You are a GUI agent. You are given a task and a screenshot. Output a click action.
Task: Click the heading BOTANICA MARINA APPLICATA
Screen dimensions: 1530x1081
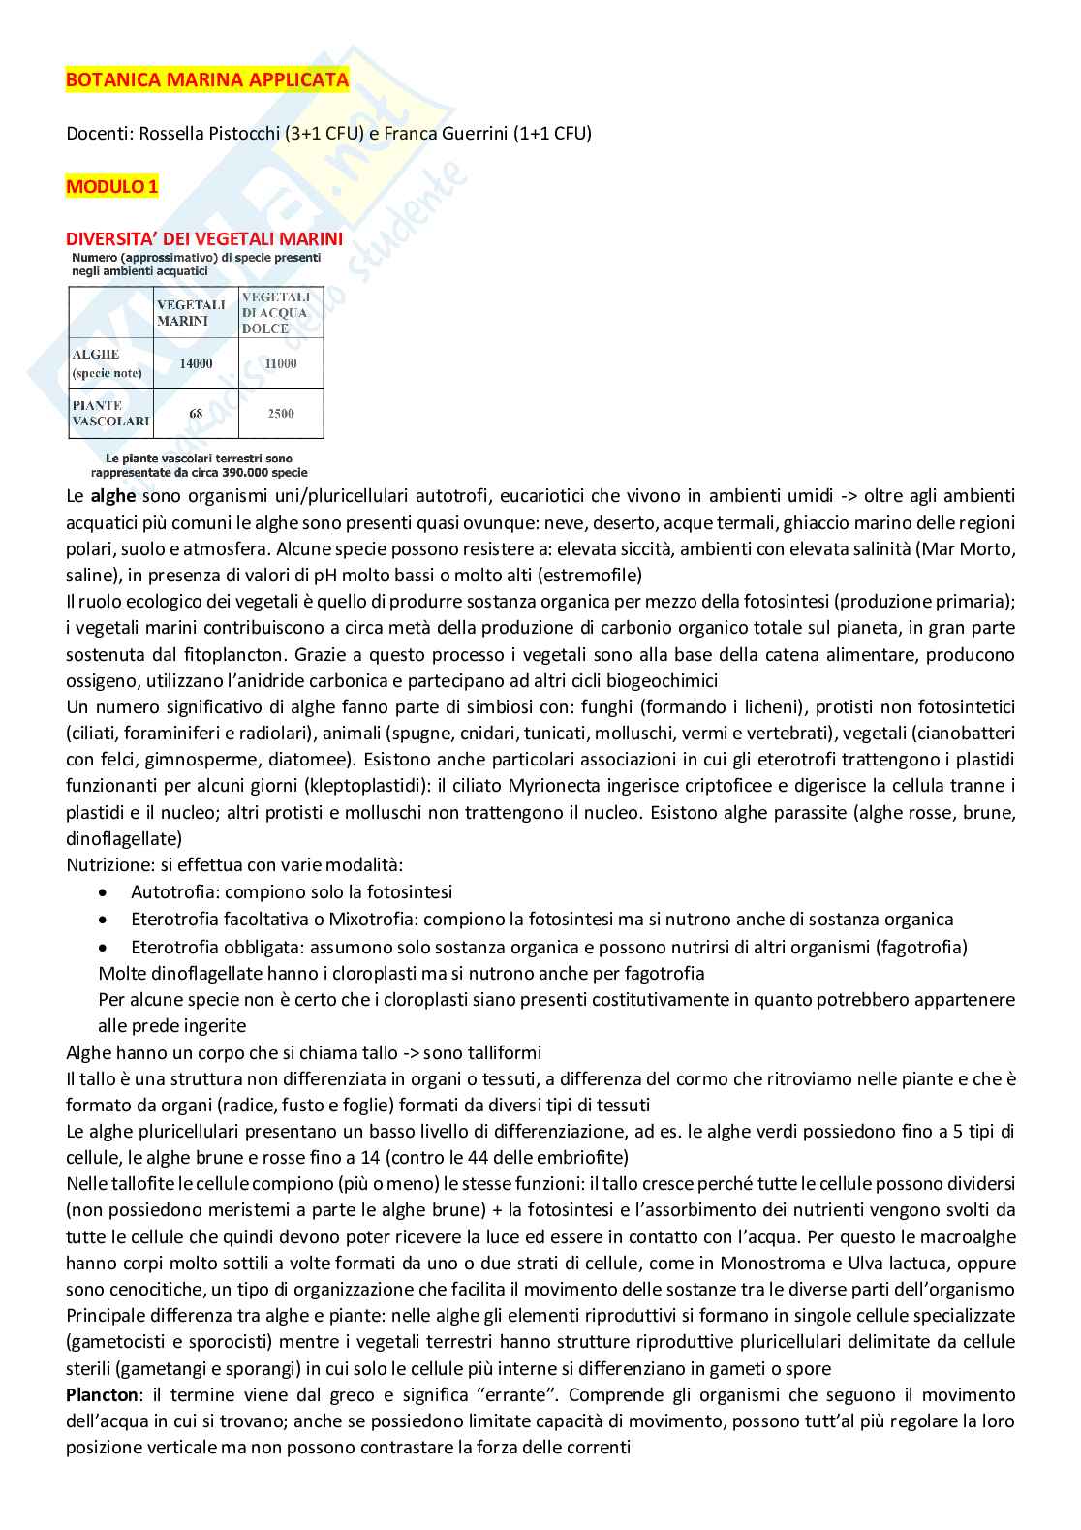coord(207,80)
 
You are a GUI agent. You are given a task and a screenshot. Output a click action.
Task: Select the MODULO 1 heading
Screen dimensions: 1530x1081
coord(111,187)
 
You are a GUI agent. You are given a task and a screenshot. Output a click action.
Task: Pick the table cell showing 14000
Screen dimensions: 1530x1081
coord(196,363)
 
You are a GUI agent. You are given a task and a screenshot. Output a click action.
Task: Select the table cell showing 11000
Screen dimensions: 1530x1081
coord(281,363)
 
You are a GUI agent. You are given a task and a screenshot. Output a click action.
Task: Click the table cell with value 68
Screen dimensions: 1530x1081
coord(196,414)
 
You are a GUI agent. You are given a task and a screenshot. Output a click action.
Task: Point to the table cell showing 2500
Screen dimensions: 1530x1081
coord(281,414)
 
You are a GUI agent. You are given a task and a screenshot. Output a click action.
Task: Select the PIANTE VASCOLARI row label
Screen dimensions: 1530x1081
coord(110,414)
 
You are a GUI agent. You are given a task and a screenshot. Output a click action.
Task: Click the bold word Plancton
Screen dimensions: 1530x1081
coord(98,1395)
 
